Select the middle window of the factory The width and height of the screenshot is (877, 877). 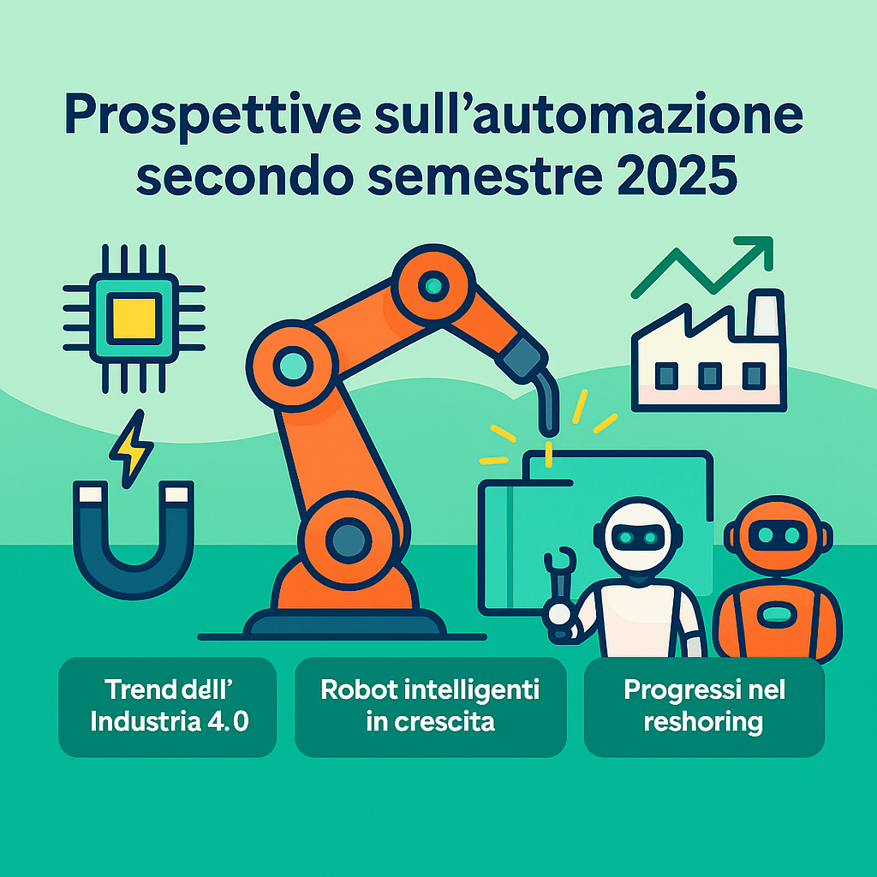709,375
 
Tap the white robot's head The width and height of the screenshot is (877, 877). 639,537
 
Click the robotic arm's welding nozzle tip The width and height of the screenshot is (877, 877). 546,424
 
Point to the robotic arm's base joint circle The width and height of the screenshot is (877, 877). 347,539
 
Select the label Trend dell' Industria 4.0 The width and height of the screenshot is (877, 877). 167,706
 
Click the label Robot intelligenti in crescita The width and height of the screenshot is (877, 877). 430,706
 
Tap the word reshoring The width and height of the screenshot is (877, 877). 703,721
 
